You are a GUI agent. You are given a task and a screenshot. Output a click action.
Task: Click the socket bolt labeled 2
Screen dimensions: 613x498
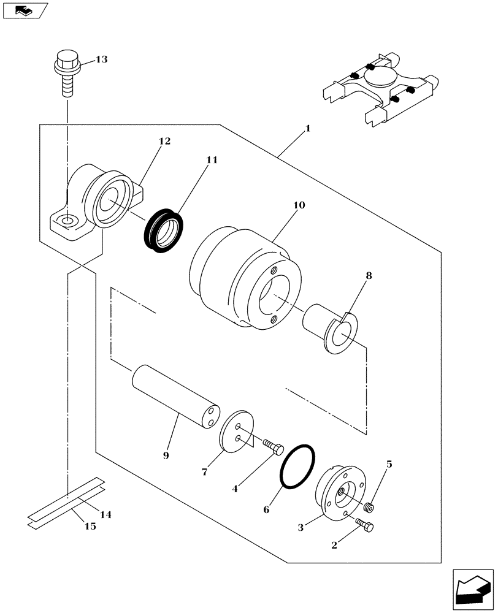click(x=367, y=526)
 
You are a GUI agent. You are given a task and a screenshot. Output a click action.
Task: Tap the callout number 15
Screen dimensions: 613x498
click(x=90, y=527)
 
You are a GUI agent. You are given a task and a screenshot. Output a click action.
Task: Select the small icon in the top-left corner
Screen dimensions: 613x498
click(x=25, y=10)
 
